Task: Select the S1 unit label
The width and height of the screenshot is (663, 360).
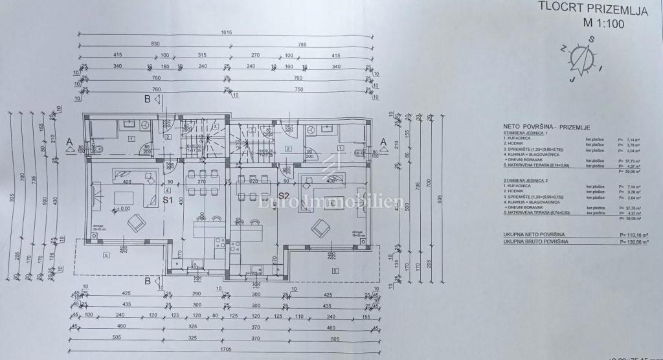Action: (168, 200)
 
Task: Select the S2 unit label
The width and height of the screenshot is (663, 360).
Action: (283, 195)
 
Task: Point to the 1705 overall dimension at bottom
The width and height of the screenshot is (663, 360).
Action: (225, 349)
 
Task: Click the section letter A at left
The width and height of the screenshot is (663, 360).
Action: (69, 141)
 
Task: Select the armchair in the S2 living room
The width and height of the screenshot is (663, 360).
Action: (319, 227)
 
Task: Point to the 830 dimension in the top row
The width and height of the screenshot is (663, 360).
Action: (155, 43)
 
